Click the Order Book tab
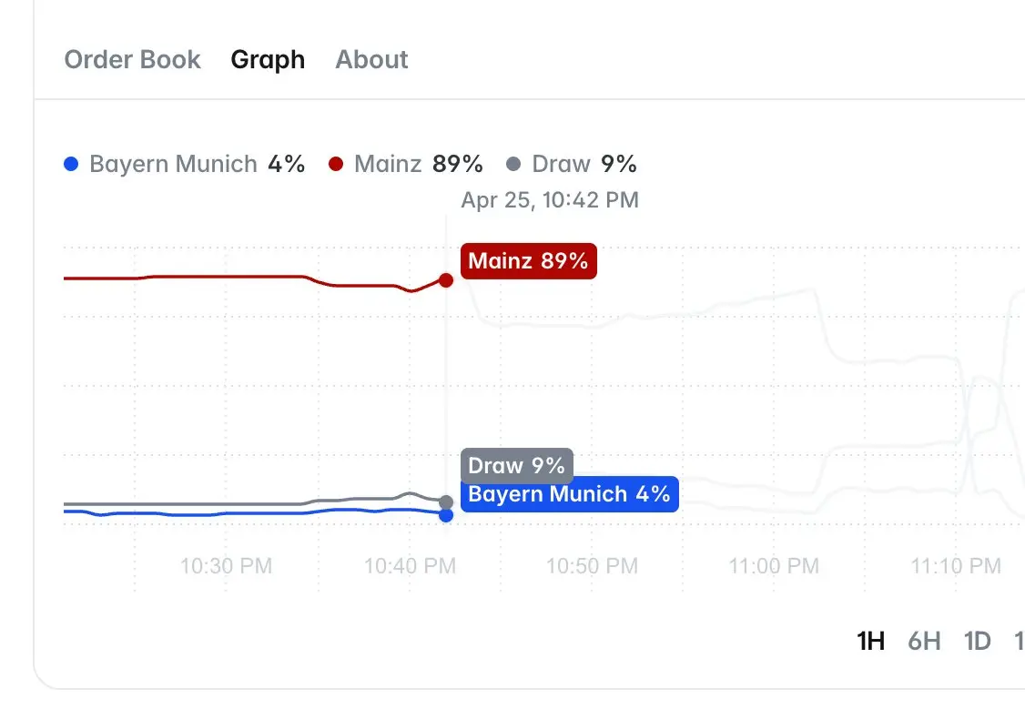pyautogui.click(x=132, y=60)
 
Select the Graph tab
pyautogui.click(x=268, y=60)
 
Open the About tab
pyautogui.click(x=371, y=60)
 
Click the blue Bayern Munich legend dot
pyautogui.click(x=71, y=165)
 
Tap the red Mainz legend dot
pyautogui.click(x=336, y=165)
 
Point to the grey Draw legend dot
pyautogui.click(x=513, y=165)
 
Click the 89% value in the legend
pyautogui.click(x=458, y=165)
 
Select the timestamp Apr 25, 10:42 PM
pyautogui.click(x=550, y=200)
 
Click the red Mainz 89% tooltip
pyautogui.click(x=528, y=262)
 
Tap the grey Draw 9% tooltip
pyautogui.click(x=516, y=466)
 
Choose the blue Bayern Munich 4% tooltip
pyautogui.click(x=569, y=494)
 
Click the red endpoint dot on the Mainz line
pyautogui.click(x=446, y=280)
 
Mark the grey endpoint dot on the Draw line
pyautogui.click(x=446, y=502)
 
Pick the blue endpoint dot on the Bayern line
pyautogui.click(x=446, y=515)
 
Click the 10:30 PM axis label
pyautogui.click(x=226, y=566)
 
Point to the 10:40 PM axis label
pyautogui.click(x=410, y=566)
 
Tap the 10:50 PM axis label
pyautogui.click(x=592, y=566)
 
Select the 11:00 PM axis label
pyautogui.click(x=774, y=566)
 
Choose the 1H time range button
pyautogui.click(x=871, y=642)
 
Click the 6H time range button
pyautogui.click(x=924, y=642)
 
